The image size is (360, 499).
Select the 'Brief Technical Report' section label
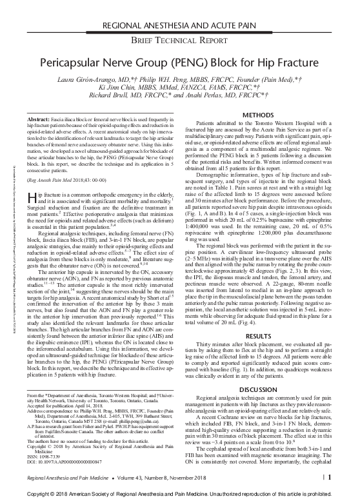click(179, 41)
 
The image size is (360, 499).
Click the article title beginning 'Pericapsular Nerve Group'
click(179, 65)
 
